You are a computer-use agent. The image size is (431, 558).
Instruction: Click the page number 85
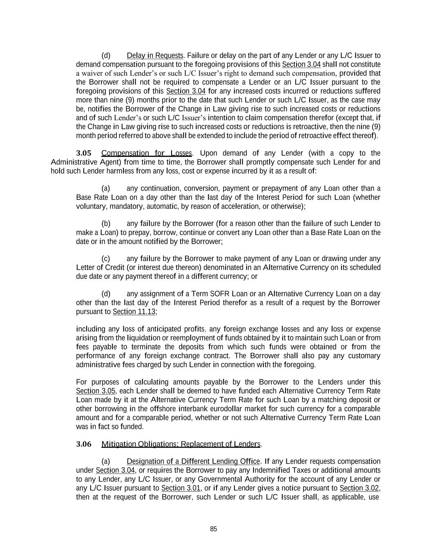(213, 529)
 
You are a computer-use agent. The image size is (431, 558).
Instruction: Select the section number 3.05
(84, 153)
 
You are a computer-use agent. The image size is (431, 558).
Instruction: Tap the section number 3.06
(84, 444)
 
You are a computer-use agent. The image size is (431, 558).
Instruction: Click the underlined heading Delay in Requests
(155, 56)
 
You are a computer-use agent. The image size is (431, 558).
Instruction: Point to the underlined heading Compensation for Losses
(146, 153)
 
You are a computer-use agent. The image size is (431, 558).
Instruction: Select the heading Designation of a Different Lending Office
(193, 462)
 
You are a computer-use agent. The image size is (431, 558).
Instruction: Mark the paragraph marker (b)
(106, 224)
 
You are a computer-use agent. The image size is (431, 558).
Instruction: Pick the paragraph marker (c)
(106, 259)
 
